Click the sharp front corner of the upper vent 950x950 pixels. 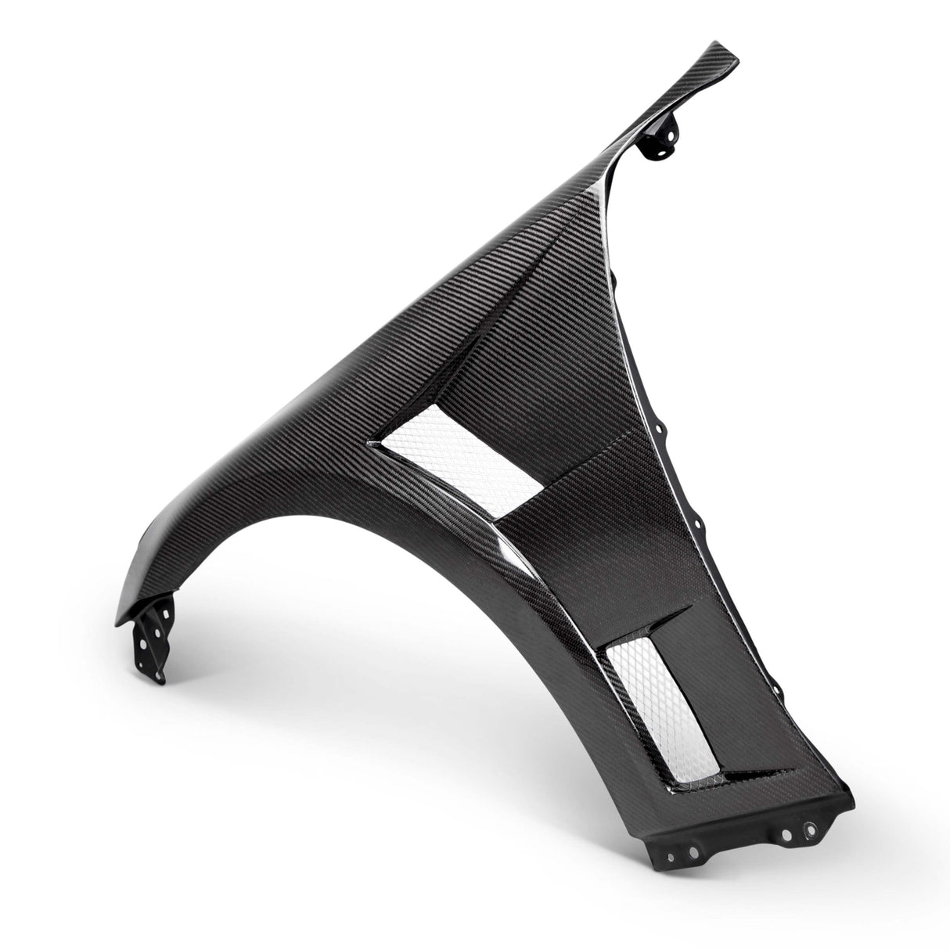[x=365, y=443]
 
